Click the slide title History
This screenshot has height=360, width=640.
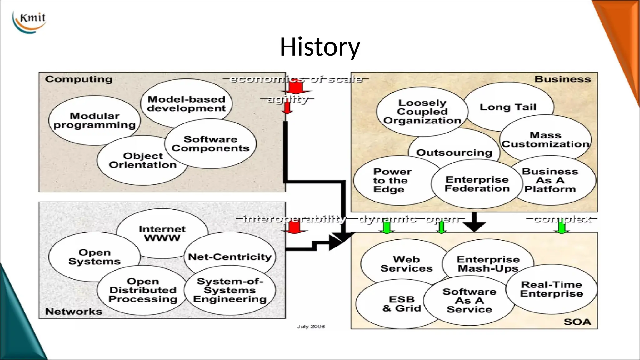[x=320, y=47]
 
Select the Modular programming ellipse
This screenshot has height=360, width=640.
[x=94, y=120]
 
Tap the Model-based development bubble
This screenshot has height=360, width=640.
[x=186, y=103]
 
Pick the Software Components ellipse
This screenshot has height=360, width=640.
[x=210, y=144]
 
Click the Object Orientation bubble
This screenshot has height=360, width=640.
[x=142, y=160]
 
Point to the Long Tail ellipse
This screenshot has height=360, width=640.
[x=508, y=107]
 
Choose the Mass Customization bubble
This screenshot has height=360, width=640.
[x=545, y=139]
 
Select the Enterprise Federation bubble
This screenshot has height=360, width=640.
[x=477, y=184]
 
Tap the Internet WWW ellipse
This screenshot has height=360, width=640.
[x=162, y=233]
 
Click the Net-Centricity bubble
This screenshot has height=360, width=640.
[x=230, y=257]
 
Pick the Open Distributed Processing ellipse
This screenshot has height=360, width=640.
[x=142, y=290]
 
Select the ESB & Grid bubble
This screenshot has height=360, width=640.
[x=401, y=304]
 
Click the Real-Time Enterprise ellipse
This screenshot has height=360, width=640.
[x=551, y=289]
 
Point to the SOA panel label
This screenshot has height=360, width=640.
[x=577, y=322]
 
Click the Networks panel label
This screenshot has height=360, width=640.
[x=74, y=312]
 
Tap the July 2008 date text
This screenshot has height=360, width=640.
[x=311, y=327]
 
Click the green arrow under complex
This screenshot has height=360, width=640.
[x=561, y=227]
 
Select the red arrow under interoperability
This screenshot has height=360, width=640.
[x=294, y=228]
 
